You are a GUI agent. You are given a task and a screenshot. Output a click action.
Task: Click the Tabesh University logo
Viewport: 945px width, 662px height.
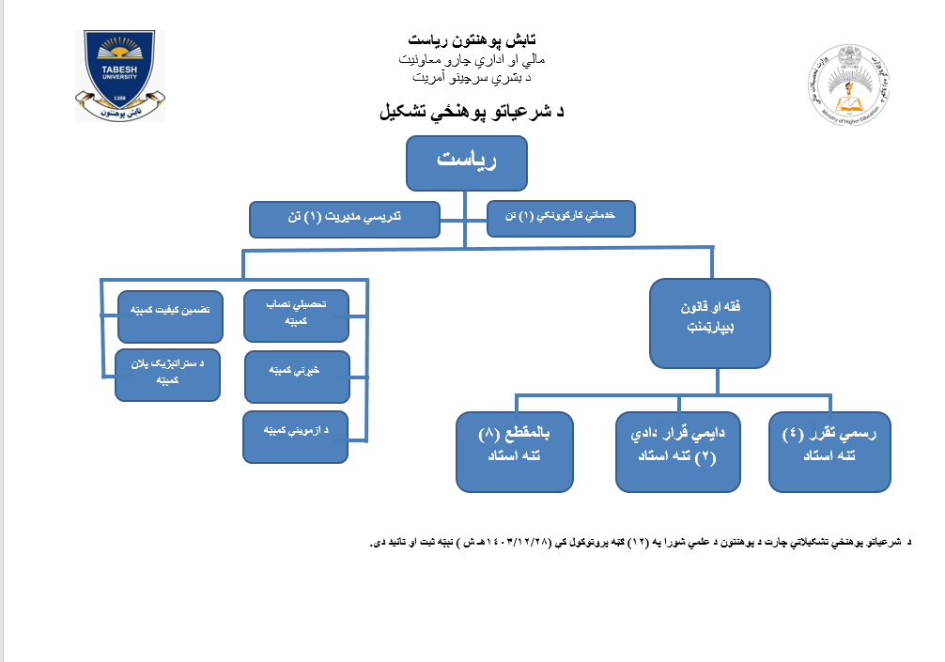pos(120,75)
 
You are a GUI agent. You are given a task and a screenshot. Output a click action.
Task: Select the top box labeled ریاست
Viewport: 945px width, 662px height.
pos(467,162)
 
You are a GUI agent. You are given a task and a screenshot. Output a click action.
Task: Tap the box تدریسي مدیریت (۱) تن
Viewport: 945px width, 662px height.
pos(345,220)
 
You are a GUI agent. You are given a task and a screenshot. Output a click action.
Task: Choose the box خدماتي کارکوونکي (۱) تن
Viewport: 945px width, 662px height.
pos(563,218)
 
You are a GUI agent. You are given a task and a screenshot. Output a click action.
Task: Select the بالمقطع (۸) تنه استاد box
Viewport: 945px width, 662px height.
pos(515,451)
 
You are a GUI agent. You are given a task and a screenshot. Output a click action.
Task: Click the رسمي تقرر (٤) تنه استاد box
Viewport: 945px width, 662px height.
pos(829,451)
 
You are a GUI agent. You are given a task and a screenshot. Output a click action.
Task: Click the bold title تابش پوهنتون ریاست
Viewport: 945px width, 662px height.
pos(472,40)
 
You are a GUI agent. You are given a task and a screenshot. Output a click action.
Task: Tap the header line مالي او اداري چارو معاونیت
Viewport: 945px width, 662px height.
pos(472,59)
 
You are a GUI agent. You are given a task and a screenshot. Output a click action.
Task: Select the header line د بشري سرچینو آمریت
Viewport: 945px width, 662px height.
pos(472,77)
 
